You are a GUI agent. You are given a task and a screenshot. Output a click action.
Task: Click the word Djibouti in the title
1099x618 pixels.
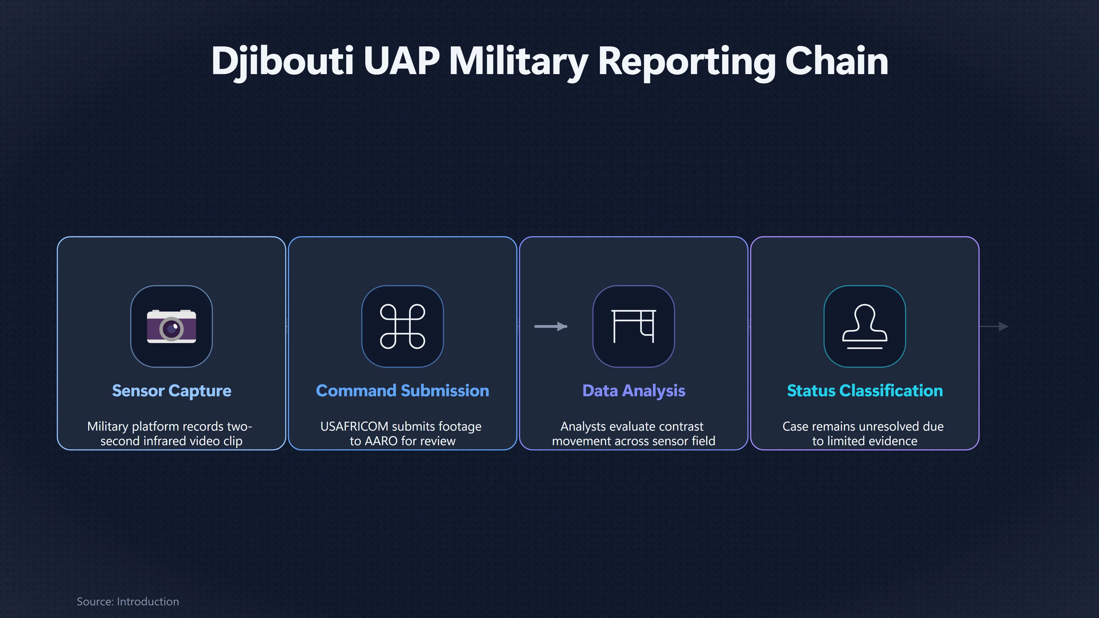coord(282,62)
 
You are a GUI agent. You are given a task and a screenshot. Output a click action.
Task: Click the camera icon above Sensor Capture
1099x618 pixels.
coord(171,326)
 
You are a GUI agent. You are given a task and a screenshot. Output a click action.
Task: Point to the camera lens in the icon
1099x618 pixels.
coord(171,329)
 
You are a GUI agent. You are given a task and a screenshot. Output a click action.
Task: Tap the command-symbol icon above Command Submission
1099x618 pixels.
coord(402,326)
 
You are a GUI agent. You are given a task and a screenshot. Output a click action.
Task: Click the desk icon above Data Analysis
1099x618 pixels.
coord(634,326)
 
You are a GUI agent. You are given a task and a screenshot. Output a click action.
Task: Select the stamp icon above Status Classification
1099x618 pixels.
coord(865,326)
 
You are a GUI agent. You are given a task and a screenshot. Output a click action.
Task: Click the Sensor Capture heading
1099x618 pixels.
coord(171,391)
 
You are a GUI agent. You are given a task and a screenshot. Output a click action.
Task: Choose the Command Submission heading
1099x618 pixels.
coord(402,391)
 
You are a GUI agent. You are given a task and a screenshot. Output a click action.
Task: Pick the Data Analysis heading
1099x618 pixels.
coord(634,391)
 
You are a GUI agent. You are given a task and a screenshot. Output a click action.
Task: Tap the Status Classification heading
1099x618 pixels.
coord(865,391)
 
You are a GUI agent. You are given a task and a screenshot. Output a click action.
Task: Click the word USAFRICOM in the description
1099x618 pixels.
coord(354,427)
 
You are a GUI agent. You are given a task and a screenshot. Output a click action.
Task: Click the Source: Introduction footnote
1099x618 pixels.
coord(128,601)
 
